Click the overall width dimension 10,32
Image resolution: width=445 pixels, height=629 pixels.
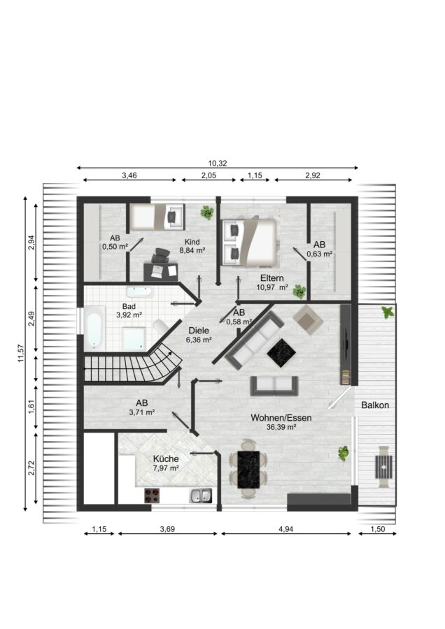[x=218, y=164]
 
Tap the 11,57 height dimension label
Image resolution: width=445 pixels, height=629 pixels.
[x=21, y=354]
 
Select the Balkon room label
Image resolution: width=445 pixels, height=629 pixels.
[x=375, y=405]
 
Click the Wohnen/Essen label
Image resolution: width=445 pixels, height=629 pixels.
[x=281, y=418]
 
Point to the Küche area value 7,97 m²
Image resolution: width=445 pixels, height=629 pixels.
[x=166, y=468]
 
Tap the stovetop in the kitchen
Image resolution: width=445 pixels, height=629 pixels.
[x=152, y=496]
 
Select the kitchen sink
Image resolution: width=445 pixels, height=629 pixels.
[x=201, y=496]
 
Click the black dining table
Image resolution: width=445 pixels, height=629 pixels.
[x=248, y=470]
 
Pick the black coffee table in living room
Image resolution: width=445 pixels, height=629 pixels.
[x=281, y=353]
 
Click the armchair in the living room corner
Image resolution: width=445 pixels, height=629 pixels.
[x=308, y=319]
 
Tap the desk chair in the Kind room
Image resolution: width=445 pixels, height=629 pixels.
[x=161, y=256]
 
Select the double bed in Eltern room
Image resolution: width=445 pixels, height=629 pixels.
[x=249, y=242]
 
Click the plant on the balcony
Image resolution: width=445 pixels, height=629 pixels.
[x=388, y=312]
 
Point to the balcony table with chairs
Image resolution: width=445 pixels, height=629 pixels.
[x=383, y=467]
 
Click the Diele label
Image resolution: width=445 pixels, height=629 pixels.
[x=199, y=331]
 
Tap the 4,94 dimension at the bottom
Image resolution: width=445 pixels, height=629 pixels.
[x=285, y=529]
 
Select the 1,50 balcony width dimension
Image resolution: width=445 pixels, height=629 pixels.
[x=377, y=529]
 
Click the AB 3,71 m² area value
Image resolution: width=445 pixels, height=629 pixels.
[x=142, y=412]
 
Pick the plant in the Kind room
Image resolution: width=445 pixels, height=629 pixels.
[x=207, y=212]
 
